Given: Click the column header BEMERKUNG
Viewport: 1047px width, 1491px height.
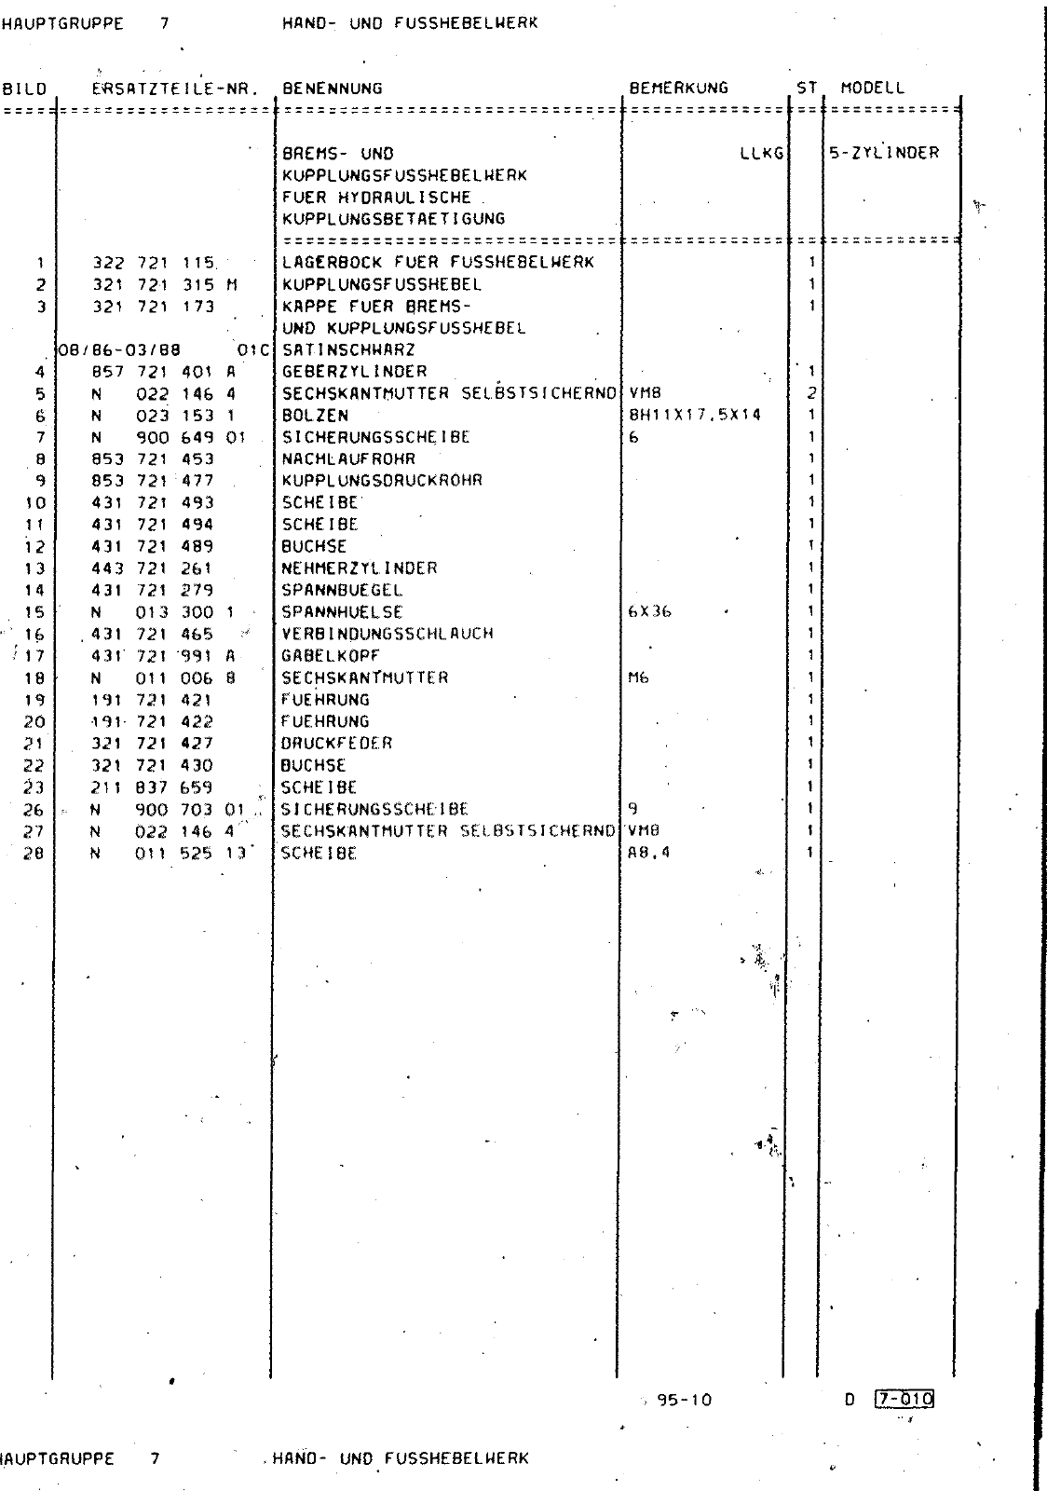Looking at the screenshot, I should click(x=678, y=89).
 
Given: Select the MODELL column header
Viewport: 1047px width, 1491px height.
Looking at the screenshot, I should click(x=872, y=89).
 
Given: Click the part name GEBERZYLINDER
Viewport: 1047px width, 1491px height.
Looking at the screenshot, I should click(x=354, y=371).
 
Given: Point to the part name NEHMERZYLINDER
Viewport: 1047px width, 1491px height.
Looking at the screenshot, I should click(x=359, y=568).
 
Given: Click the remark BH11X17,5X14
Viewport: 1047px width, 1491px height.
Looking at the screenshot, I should click(x=695, y=415).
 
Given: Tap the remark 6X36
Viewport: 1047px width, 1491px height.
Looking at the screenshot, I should click(x=650, y=611).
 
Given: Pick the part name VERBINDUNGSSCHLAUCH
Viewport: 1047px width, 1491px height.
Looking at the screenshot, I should click(x=387, y=634).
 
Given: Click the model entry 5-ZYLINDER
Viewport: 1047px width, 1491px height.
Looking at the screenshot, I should click(x=884, y=153).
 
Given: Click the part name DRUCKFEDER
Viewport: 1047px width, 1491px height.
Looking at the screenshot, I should click(x=336, y=743).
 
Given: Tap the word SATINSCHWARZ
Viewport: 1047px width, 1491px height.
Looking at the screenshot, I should click(x=348, y=349).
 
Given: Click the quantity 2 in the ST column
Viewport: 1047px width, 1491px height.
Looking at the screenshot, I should click(x=811, y=393).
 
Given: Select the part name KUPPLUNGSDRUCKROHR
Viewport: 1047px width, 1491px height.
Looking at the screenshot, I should click(x=382, y=480).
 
